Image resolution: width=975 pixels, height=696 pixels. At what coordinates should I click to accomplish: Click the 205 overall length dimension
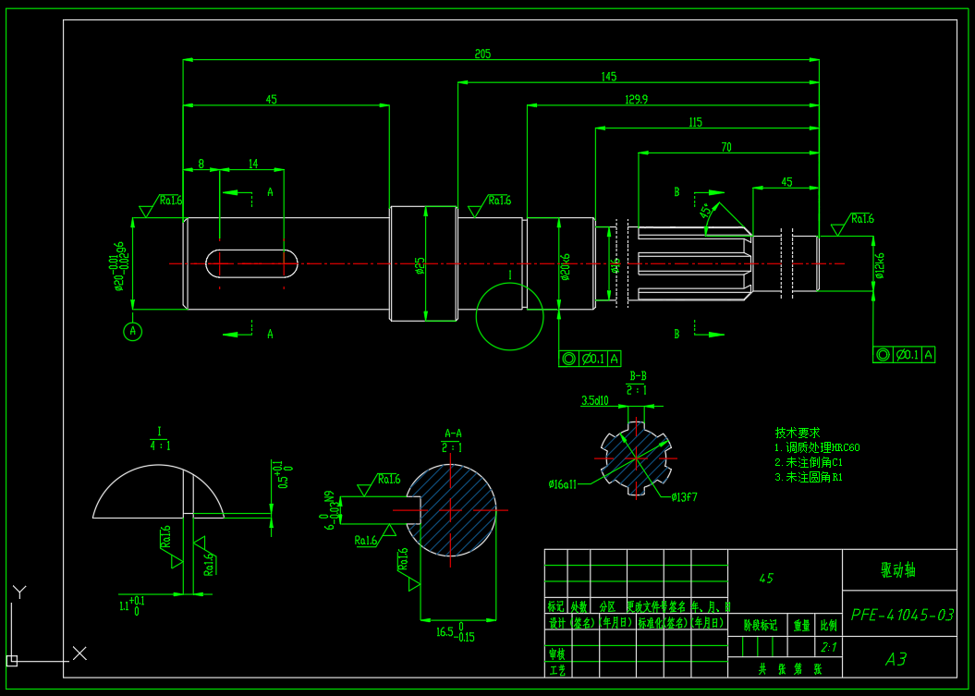click(482, 54)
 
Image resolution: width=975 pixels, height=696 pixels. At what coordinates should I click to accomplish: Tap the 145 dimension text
click(608, 76)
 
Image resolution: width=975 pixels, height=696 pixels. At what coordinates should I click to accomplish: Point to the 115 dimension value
click(696, 122)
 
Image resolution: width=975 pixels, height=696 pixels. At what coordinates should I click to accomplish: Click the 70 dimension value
click(726, 147)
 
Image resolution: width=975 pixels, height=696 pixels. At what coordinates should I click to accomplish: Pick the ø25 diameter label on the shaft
click(420, 266)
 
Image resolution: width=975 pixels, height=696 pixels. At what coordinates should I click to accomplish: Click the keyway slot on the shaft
click(251, 263)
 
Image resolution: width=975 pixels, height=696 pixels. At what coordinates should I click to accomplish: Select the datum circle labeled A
click(133, 331)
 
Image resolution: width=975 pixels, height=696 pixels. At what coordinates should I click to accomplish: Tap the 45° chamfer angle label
click(707, 211)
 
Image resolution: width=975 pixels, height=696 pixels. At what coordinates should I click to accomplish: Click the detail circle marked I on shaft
click(509, 316)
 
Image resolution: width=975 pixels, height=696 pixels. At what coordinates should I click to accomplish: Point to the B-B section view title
click(638, 376)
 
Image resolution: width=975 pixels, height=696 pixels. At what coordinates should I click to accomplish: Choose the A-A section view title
click(453, 433)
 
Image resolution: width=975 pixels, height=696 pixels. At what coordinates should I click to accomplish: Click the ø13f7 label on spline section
click(680, 496)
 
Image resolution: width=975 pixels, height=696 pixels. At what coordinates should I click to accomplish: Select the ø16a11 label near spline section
click(563, 483)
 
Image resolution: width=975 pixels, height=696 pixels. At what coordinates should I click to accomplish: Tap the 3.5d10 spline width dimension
click(594, 400)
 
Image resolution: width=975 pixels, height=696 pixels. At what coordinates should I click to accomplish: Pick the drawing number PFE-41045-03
click(901, 615)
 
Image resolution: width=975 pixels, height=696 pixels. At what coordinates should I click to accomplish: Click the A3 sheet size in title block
click(896, 659)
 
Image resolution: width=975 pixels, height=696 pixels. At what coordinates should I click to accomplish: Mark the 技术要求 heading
click(797, 432)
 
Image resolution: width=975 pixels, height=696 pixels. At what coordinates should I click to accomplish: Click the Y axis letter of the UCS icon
click(19, 591)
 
